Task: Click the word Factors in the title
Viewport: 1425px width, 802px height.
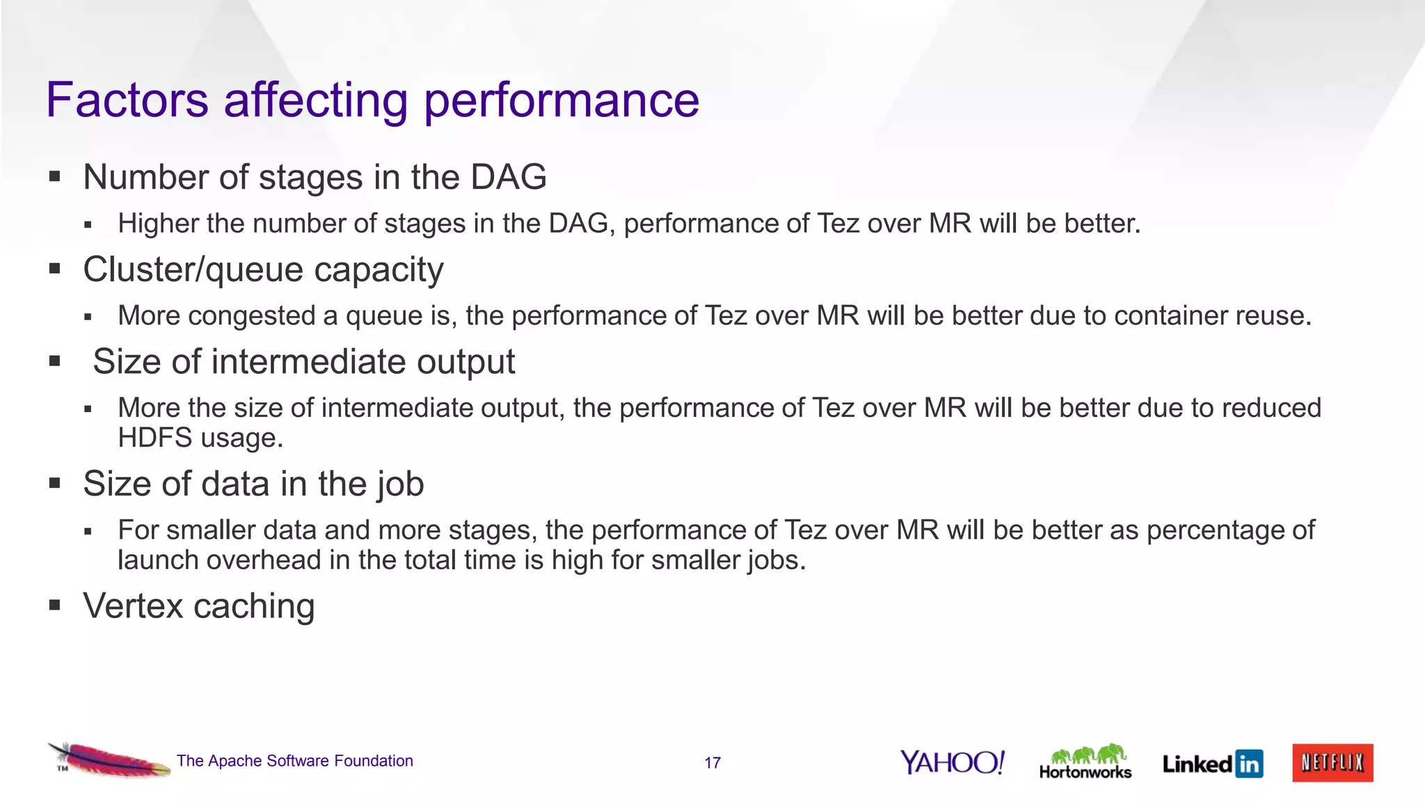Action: click(127, 100)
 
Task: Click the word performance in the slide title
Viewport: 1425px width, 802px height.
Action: click(561, 102)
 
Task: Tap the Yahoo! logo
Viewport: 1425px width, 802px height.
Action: click(952, 762)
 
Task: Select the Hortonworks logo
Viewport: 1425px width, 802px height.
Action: click(1085, 762)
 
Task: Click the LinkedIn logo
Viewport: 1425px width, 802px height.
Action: click(1212, 764)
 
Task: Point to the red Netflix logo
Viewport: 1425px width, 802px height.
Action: click(1332, 763)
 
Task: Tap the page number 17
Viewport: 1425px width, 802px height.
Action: click(712, 763)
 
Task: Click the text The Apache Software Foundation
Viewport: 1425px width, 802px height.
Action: click(294, 761)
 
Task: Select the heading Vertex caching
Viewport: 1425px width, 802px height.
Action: click(198, 606)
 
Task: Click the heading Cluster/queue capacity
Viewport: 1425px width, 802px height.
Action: click(263, 269)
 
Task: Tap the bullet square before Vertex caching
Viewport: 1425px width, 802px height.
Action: click(55, 606)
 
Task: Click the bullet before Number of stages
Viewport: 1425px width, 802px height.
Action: click(55, 177)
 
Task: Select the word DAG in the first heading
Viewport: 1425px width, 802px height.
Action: click(508, 177)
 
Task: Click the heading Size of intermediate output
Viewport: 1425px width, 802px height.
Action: click(303, 362)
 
